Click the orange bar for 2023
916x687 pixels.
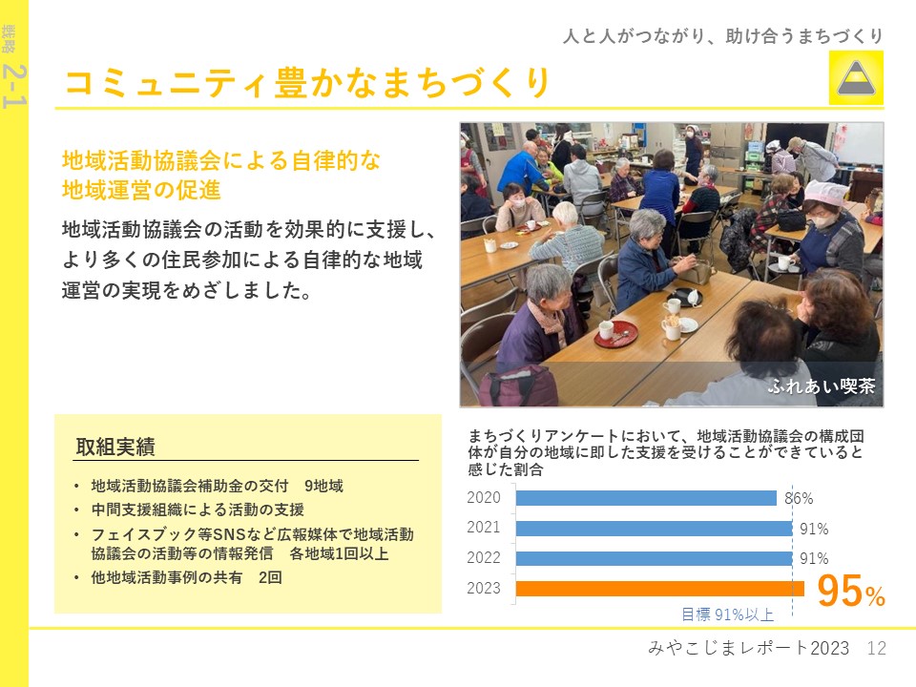pos(659,589)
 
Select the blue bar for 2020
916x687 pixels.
pos(646,498)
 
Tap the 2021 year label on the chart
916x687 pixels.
pos(484,528)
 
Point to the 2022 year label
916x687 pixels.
pos(484,557)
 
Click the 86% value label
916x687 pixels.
pos(799,498)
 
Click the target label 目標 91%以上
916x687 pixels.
pos(728,614)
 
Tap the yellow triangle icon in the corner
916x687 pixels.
pos(856,77)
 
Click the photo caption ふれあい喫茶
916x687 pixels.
pos(821,386)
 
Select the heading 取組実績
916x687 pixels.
pos(115,447)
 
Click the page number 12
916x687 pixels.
pos(876,648)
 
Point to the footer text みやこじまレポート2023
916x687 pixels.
pos(748,648)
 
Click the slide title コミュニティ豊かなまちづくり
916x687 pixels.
pos(307,82)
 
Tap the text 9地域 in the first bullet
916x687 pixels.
pos(323,486)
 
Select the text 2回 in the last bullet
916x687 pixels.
pos(270,578)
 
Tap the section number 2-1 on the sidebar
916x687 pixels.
pos(14,87)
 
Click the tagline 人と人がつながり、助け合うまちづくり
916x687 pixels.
pos(723,36)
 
